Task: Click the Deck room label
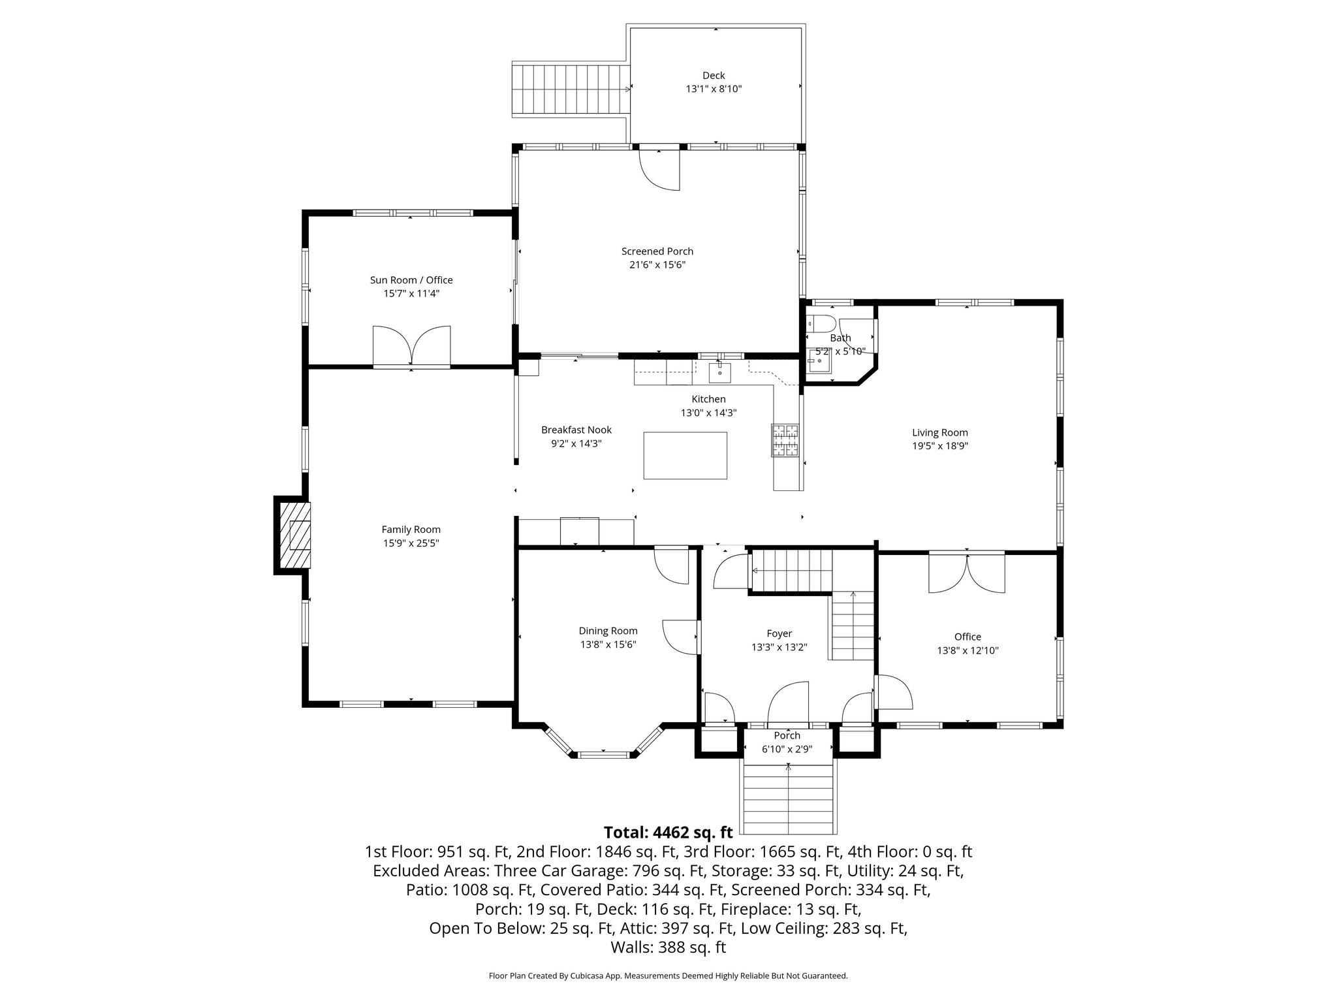click(714, 76)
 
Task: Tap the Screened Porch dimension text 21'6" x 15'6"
click(657, 265)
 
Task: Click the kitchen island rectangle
click(685, 455)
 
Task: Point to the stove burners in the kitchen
click(785, 440)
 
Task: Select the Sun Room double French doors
click(411, 345)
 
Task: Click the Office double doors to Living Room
click(967, 573)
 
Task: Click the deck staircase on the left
click(570, 91)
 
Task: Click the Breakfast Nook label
click(576, 430)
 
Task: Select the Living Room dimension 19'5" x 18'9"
click(939, 446)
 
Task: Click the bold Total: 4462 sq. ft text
click(668, 833)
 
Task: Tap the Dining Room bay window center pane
click(603, 755)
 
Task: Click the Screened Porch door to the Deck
click(659, 168)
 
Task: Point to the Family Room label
click(411, 530)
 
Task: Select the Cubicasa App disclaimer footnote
click(668, 976)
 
